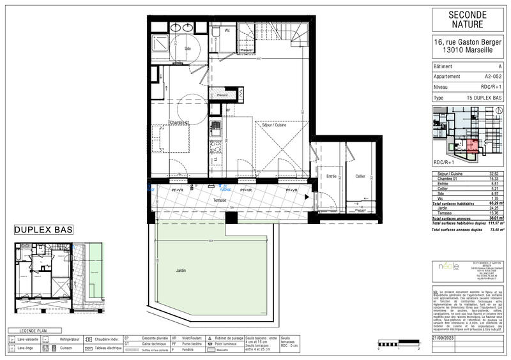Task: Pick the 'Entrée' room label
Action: point(331,176)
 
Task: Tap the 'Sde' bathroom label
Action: point(188,49)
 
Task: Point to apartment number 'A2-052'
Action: point(492,75)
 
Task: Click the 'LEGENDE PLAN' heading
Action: point(33,331)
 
